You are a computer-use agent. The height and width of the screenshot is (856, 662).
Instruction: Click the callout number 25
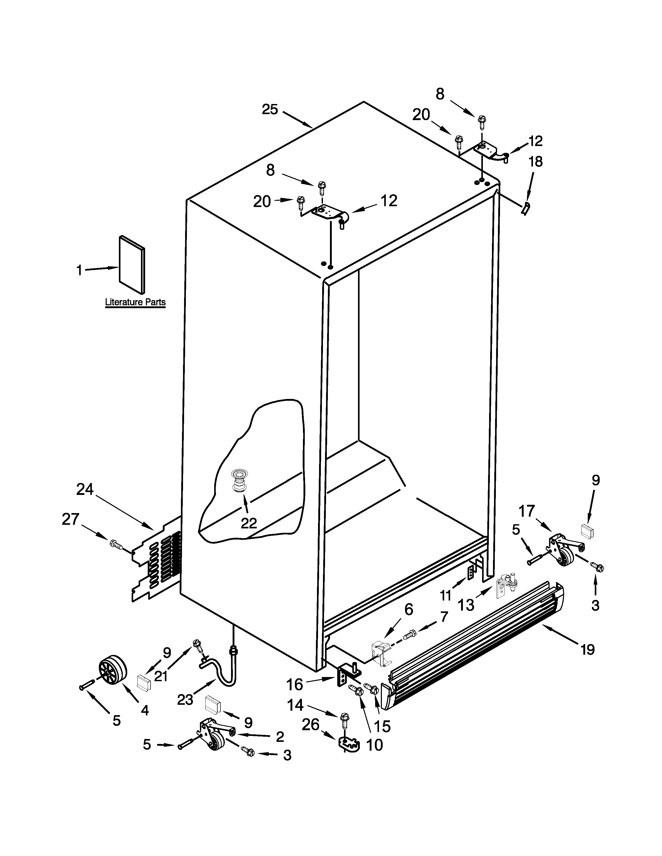pyautogui.click(x=270, y=109)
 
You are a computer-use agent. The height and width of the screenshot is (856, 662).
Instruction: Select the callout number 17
pyautogui.click(x=527, y=511)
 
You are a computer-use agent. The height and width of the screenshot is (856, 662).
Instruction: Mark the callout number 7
pyautogui.click(x=444, y=617)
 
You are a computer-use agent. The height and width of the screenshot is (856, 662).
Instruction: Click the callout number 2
pyautogui.click(x=280, y=737)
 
